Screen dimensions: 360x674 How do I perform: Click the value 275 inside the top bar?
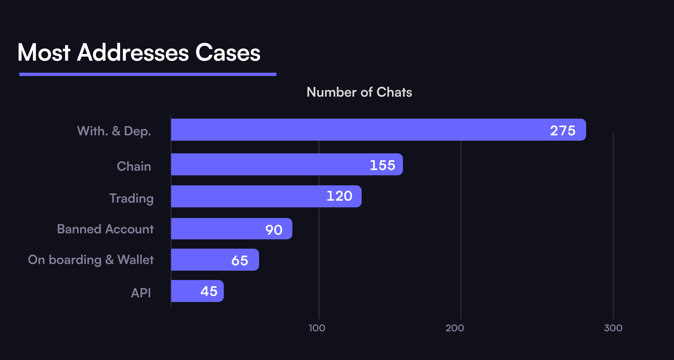point(563,130)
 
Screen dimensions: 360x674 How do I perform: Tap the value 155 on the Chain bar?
point(382,165)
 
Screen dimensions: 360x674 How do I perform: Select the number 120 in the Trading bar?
point(339,196)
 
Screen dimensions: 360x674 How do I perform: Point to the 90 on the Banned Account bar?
point(274,230)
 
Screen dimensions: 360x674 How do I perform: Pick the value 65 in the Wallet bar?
point(240,260)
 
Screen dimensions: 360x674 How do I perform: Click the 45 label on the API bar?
point(209,291)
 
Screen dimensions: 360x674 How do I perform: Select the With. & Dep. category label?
point(114,131)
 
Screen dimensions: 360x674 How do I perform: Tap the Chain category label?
point(134,166)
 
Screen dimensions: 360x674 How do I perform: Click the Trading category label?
point(131,198)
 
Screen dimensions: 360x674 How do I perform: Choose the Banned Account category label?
point(105,229)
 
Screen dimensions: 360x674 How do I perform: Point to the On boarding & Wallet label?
point(91,260)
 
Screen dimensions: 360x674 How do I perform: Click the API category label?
point(141,293)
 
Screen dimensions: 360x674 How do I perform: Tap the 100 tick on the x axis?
point(317,328)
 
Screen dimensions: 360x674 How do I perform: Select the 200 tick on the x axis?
point(454,328)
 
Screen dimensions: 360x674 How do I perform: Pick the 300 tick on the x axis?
point(613,328)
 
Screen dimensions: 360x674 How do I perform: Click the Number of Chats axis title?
point(359,92)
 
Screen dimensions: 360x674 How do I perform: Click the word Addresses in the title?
point(133,53)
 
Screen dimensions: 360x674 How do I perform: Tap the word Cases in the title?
point(228,53)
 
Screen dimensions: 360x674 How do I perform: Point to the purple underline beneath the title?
point(148,74)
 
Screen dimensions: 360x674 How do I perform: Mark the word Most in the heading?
point(44,53)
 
